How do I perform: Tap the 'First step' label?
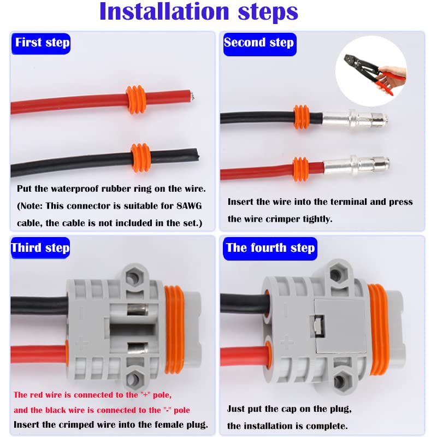(x=42, y=43)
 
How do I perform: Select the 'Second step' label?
(x=258, y=43)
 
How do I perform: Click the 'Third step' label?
(x=41, y=248)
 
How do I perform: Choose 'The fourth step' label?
(x=270, y=248)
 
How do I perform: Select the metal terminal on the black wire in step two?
(x=355, y=117)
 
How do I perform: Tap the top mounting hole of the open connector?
(x=132, y=278)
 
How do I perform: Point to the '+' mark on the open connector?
(x=82, y=344)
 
